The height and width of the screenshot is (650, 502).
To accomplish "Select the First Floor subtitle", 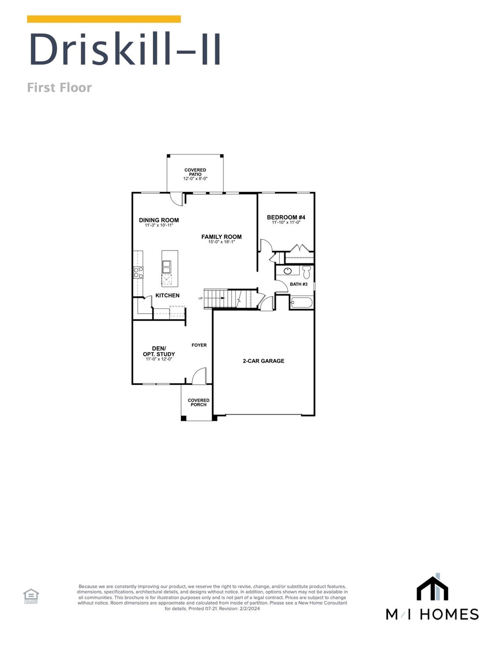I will coord(59,88).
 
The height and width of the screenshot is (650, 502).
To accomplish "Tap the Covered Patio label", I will coord(195,174).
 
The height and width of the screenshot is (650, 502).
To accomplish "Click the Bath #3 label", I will coord(298,284).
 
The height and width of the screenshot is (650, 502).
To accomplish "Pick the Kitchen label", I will coord(167,295).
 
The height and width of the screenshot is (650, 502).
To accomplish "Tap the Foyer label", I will coord(199,345).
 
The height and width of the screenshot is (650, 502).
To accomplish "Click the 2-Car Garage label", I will coord(263,361).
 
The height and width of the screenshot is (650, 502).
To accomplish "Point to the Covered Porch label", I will coord(199,402).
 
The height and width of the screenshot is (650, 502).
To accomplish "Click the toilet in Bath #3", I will coord(306,271).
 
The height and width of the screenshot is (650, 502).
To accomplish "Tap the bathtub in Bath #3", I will coord(302,303).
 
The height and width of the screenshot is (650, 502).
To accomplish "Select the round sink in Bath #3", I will coord(288,271).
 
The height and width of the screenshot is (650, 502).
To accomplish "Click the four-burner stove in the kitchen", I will coord(138,272).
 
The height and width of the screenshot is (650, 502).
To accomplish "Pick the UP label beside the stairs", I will coord(201,298).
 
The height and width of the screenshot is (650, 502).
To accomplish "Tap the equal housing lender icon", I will coord(31,596).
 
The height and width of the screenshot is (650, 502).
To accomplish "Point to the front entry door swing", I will coord(199,376).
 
